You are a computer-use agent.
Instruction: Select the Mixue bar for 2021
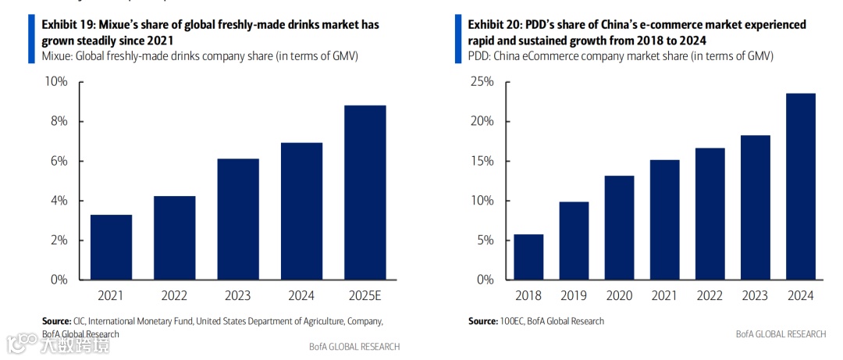(111, 247)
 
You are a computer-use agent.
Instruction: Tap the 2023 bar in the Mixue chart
(238, 219)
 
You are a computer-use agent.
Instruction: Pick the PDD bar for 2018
(528, 256)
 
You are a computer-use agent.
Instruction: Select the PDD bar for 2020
(619, 227)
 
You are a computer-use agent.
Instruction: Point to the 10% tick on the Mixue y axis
(57, 82)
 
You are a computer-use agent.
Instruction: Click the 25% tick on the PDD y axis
(483, 82)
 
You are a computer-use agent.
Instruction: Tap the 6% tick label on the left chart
(59, 161)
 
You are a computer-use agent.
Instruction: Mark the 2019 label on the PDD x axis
(574, 296)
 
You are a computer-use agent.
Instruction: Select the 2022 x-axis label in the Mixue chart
(174, 296)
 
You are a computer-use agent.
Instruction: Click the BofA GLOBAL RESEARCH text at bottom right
(780, 334)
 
